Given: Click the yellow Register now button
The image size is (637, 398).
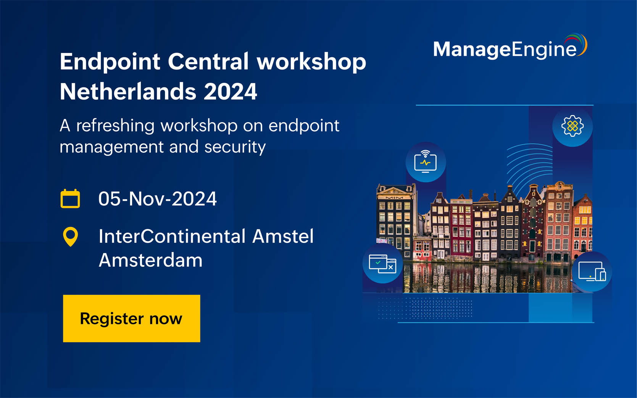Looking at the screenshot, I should [x=131, y=318].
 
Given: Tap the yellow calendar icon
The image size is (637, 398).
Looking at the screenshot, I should [x=70, y=198].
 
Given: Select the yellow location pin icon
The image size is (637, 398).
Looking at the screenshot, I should [x=70, y=237].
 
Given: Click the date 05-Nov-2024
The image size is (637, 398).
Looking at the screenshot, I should [x=157, y=199].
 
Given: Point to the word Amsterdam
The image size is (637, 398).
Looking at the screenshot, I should [x=150, y=260].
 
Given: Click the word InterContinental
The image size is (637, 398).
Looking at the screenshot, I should [x=172, y=236].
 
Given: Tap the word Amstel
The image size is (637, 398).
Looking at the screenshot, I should [x=283, y=236].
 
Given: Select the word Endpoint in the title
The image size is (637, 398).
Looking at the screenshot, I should [x=110, y=62].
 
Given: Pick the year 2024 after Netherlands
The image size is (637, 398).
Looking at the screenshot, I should [x=231, y=92].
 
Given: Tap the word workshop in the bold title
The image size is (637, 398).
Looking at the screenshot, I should [x=311, y=62].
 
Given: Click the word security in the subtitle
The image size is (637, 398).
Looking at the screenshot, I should [x=235, y=147].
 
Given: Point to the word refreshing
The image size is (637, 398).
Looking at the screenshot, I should [x=115, y=126].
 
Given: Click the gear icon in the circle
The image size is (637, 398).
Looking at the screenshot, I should [x=572, y=126].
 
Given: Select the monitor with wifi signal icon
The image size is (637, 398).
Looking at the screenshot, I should [x=426, y=162].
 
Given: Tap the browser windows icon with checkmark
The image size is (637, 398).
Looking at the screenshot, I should [x=382, y=264].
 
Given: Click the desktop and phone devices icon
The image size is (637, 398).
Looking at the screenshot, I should [x=592, y=271].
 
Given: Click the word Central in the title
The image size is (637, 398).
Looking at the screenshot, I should [x=208, y=62].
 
